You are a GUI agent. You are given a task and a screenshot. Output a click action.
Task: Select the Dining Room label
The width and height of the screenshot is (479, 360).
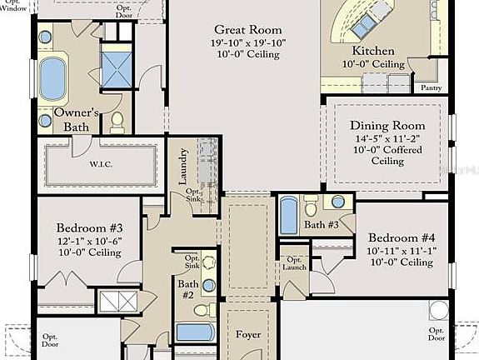[x=387, y=126]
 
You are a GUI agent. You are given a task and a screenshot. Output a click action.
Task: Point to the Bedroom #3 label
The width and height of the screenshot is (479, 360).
[x=90, y=228]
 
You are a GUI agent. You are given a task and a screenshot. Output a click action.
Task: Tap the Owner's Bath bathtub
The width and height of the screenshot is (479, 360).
[x=53, y=78]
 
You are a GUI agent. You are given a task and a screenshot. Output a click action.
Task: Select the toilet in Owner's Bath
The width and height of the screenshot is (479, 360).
[x=116, y=122]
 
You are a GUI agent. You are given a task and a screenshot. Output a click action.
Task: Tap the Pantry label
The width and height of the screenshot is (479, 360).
[x=431, y=87]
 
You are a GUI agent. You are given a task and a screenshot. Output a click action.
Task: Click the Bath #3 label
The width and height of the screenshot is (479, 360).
[x=321, y=224]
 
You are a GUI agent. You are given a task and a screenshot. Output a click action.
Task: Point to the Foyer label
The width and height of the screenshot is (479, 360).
[x=247, y=336]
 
